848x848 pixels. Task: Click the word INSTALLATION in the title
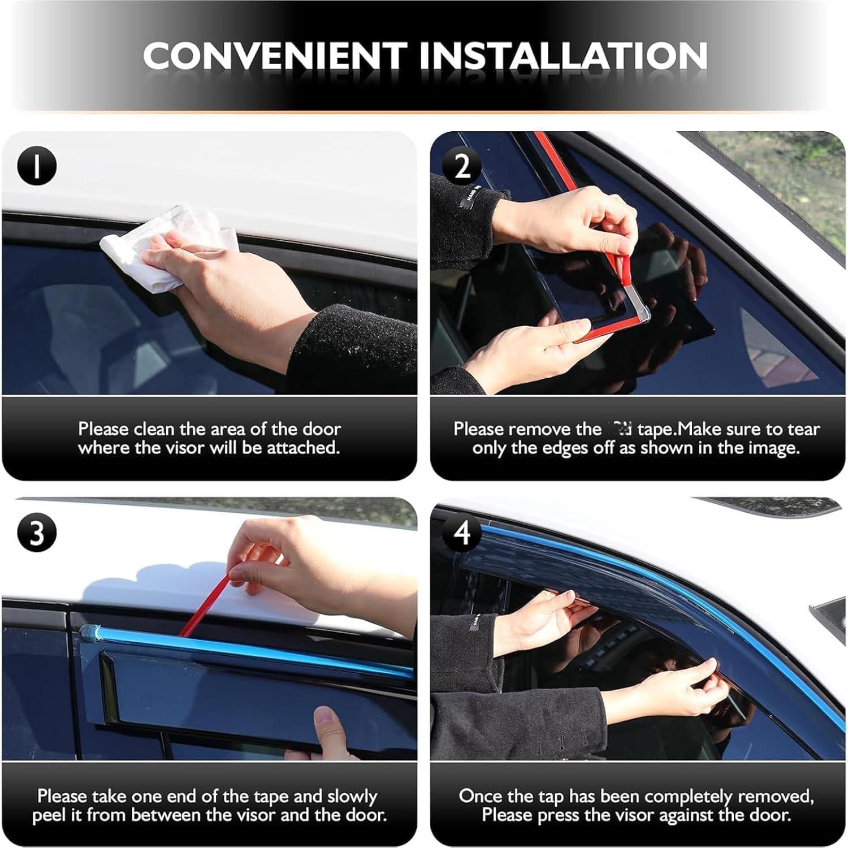pyautogui.click(x=563, y=55)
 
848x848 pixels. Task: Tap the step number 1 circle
pyautogui.click(x=37, y=166)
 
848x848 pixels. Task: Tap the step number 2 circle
pyautogui.click(x=462, y=166)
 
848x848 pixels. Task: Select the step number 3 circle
pyautogui.click(x=37, y=533)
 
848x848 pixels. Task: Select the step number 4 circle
pyautogui.click(x=462, y=533)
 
